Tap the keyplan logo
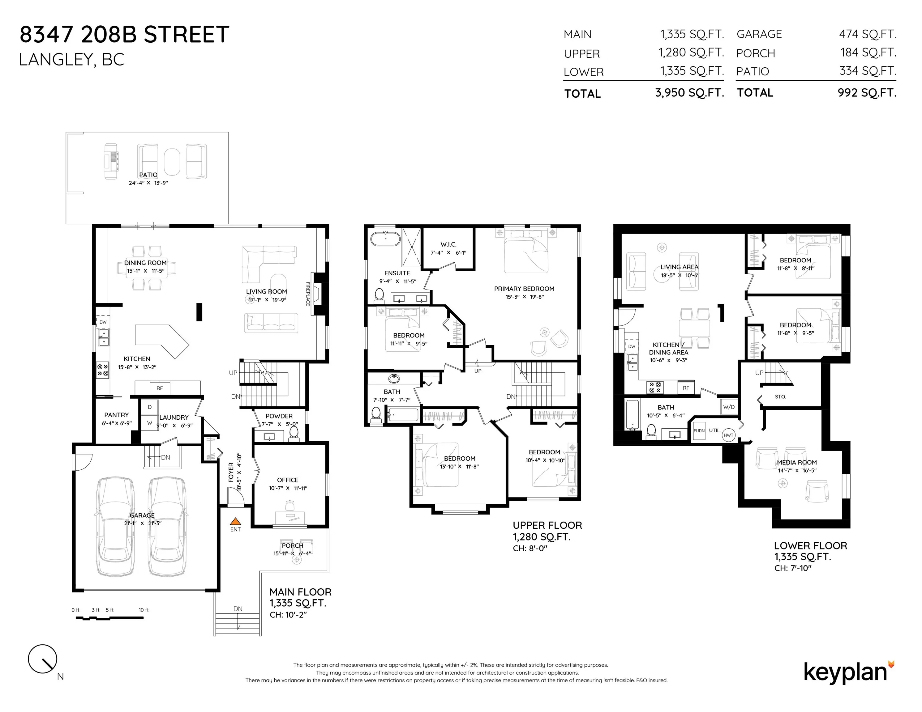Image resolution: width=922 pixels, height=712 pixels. pos(849,672)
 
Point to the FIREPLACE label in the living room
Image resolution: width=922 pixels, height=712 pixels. pos(308,294)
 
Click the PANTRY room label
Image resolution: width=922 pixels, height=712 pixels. pos(117,415)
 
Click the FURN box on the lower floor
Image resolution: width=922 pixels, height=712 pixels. pos(699,431)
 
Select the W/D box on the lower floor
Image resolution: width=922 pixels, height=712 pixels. pos(729,407)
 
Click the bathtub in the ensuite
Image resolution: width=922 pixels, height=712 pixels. pos(385,238)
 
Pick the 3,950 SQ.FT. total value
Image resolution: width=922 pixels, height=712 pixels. pos(689,93)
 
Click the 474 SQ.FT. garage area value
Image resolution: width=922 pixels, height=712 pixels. pos(868,34)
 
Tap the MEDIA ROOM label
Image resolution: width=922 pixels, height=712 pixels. pos(797,462)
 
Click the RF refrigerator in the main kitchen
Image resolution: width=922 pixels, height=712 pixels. pos(160,388)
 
